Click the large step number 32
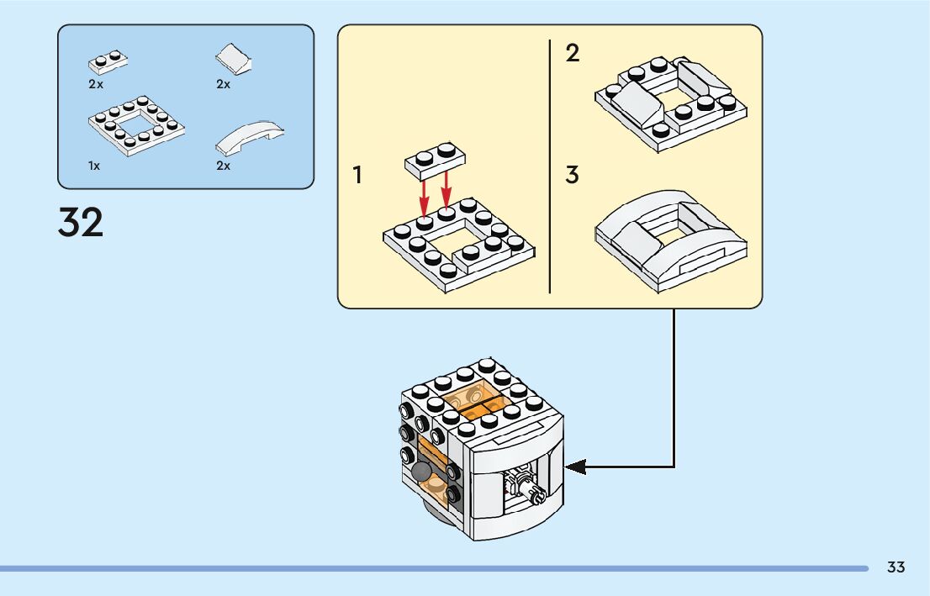(x=81, y=223)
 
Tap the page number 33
(x=896, y=567)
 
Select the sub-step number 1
(x=357, y=175)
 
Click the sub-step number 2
(x=573, y=53)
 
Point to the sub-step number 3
(x=572, y=175)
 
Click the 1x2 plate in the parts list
(x=108, y=61)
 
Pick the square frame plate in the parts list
(x=136, y=125)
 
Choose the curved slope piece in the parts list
(x=250, y=138)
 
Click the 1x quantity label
(x=94, y=166)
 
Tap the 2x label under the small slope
(x=223, y=84)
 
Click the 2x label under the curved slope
(x=223, y=166)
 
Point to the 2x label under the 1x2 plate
(x=96, y=84)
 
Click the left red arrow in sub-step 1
(x=424, y=198)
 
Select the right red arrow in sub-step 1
(x=446, y=193)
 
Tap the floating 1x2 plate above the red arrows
(x=436, y=161)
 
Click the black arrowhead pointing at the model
(x=575, y=467)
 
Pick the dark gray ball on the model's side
(x=421, y=472)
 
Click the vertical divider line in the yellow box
(x=550, y=166)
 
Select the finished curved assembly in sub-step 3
(x=671, y=240)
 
